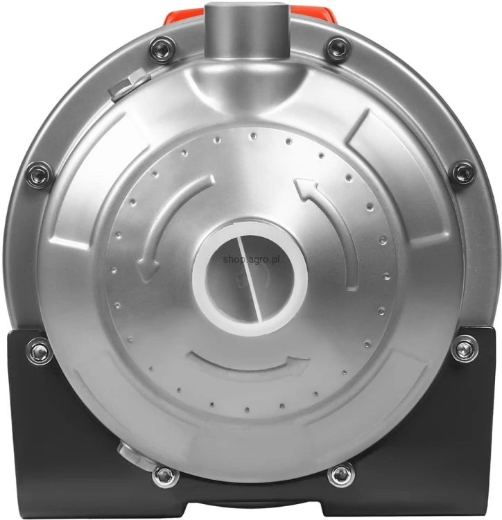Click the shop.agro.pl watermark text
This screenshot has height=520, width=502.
(251, 259)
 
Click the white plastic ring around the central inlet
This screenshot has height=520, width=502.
(250, 272)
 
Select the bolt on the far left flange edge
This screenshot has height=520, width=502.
(40, 174)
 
